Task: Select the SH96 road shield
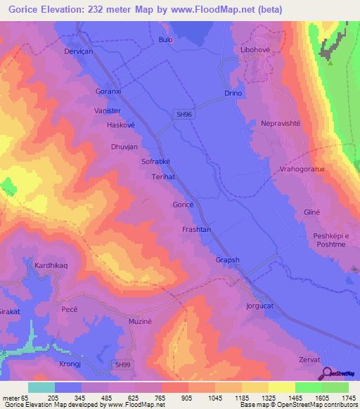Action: click(x=184, y=113)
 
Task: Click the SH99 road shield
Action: click(x=123, y=365)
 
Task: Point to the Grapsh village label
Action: click(x=228, y=260)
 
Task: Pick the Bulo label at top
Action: click(x=166, y=40)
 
